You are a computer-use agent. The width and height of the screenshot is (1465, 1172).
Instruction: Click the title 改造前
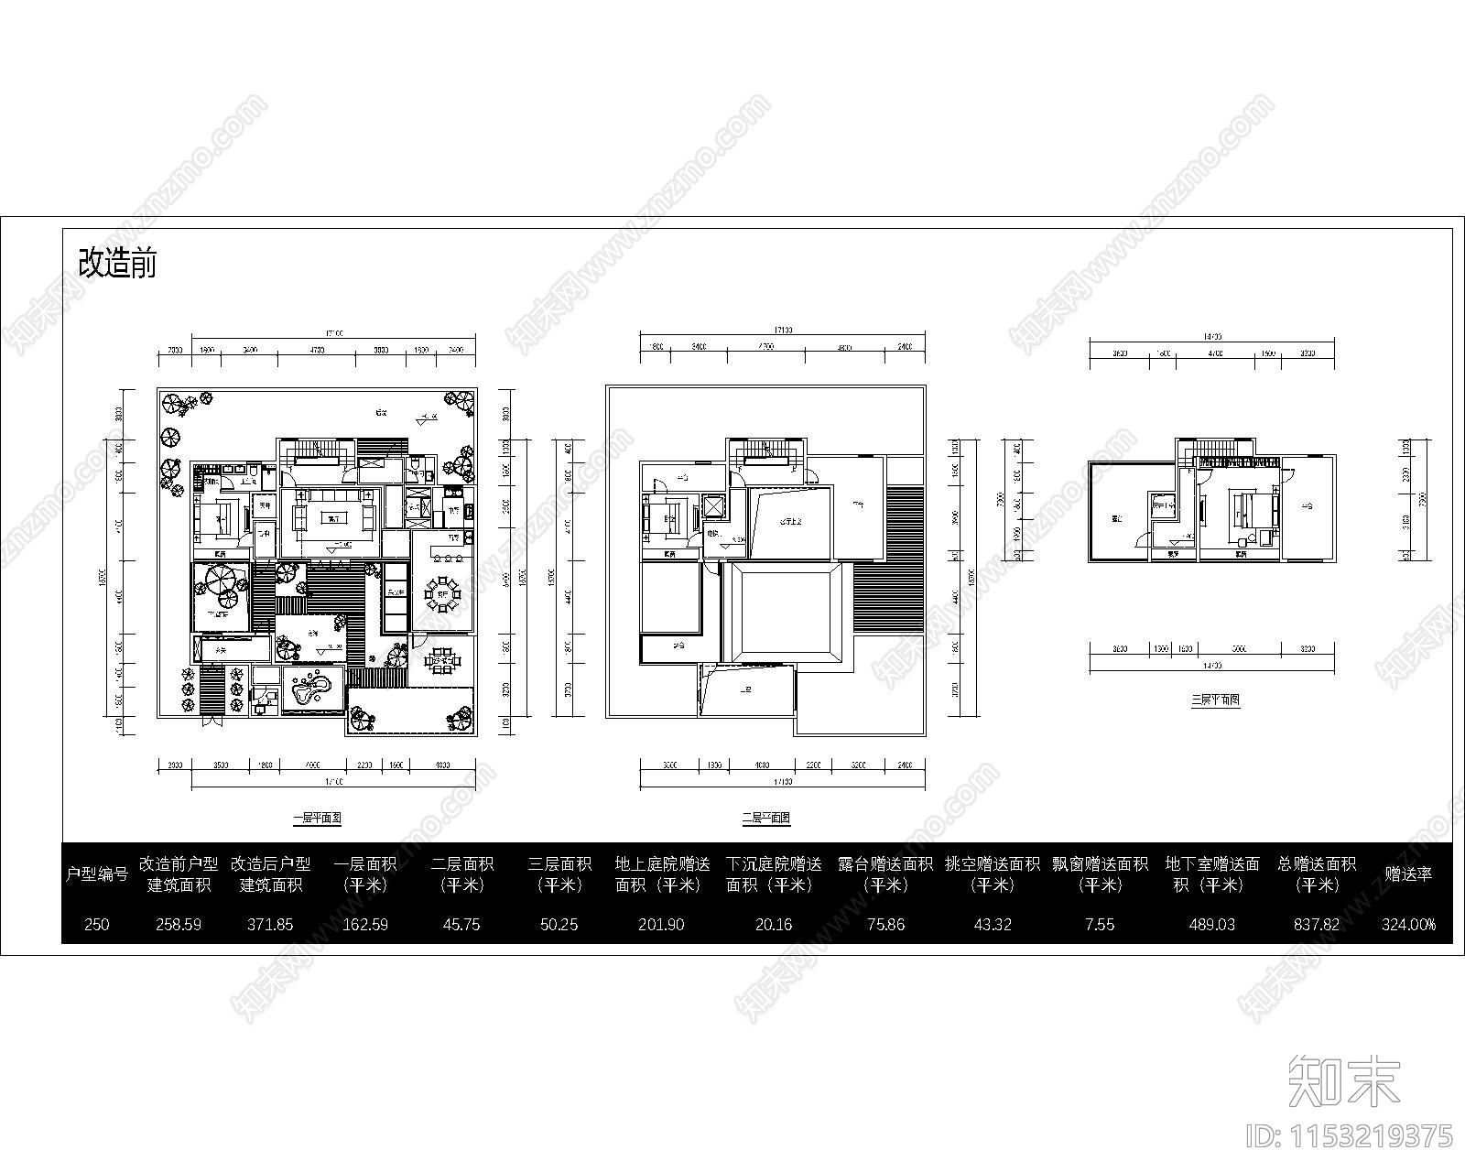pos(117,263)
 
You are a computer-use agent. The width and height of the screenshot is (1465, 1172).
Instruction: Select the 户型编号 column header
pos(96,874)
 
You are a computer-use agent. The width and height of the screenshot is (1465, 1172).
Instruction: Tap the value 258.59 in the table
pos(179,924)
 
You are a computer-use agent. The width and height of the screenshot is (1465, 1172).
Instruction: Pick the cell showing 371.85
pos(270,924)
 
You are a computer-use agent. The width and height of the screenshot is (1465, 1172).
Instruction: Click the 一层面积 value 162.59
pos(365,924)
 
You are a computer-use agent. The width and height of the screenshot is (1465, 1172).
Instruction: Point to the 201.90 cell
pos(661,924)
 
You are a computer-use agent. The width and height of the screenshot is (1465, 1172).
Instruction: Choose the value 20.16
pos(774,924)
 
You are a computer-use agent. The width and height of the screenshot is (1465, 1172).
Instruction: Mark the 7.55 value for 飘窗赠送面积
pos(1100,924)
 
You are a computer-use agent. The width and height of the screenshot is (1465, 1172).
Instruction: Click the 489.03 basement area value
pos(1212,924)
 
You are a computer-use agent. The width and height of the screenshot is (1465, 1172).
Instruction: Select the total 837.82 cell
pos(1317,924)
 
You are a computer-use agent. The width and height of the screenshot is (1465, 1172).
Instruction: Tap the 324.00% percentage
pos(1408,924)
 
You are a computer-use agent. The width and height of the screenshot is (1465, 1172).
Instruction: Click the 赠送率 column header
pos(1408,874)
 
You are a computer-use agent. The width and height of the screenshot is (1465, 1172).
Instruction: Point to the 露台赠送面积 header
pos(884,874)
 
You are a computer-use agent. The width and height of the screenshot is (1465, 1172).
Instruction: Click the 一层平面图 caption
pos(317,818)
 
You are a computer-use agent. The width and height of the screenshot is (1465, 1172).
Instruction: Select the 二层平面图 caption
pos(766,818)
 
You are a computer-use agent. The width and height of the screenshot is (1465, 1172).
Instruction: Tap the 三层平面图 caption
pos(1215,700)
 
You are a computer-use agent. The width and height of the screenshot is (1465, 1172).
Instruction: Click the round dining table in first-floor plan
pos(443,592)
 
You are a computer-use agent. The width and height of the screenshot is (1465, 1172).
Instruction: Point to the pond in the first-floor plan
pos(311,689)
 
